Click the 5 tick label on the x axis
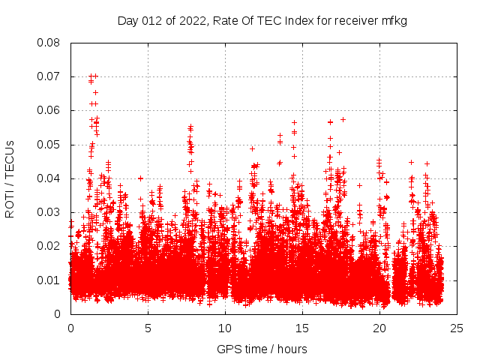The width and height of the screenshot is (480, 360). pyautogui.click(x=148, y=328)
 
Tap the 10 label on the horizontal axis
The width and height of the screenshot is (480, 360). pyautogui.click(x=225, y=328)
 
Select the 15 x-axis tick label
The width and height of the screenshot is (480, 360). pyautogui.click(x=302, y=328)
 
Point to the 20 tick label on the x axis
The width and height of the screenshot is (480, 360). pyautogui.click(x=379, y=328)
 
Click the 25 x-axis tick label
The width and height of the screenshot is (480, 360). pyautogui.click(x=457, y=328)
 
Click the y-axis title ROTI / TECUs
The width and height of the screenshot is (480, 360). pyautogui.click(x=10, y=178)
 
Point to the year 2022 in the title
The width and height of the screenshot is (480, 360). pyautogui.click(x=192, y=21)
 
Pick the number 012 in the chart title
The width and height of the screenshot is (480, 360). pyautogui.click(x=153, y=21)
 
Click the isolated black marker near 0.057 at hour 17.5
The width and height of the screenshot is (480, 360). pyautogui.click(x=343, y=119)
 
